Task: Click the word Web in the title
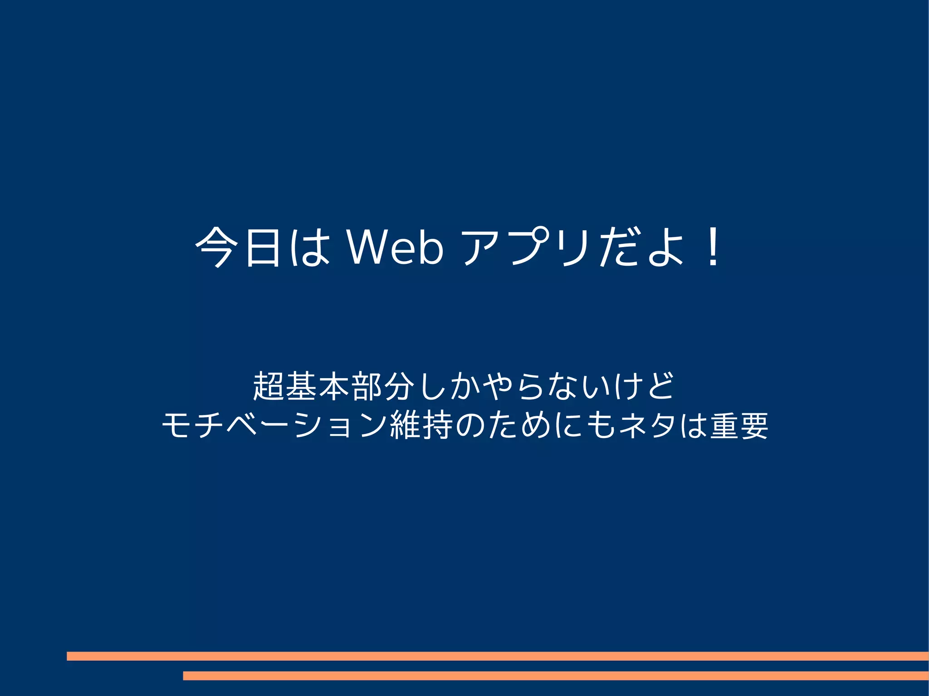(x=395, y=248)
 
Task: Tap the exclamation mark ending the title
(x=713, y=248)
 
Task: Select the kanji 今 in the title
(x=217, y=248)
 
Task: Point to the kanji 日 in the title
(x=263, y=248)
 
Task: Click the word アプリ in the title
(x=526, y=248)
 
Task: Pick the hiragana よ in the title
(x=665, y=248)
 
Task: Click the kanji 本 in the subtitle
(x=335, y=386)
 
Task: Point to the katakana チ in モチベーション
(x=209, y=426)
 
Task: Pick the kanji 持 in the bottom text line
(x=438, y=426)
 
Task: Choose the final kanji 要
(x=753, y=426)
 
